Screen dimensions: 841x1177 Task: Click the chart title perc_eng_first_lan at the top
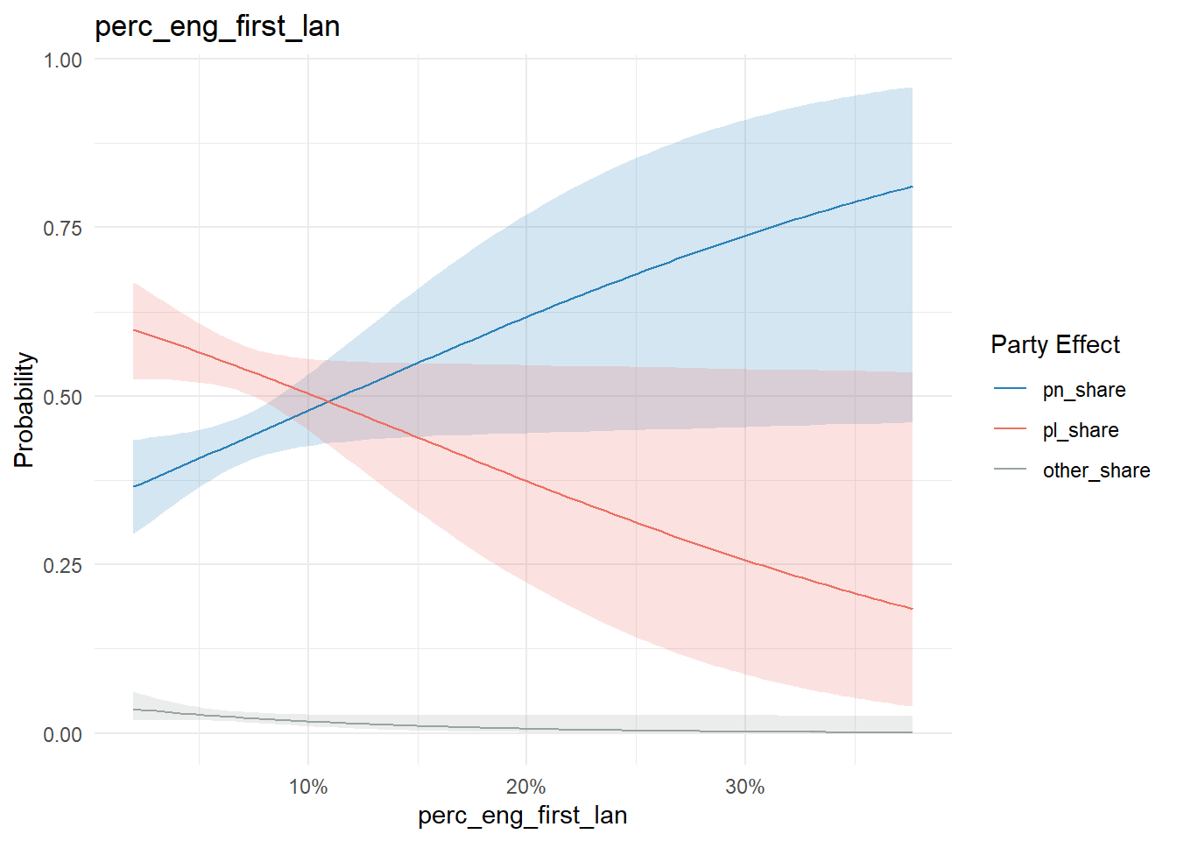point(217,27)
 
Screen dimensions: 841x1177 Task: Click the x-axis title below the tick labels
point(522,816)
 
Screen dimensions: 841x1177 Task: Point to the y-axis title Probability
point(25,410)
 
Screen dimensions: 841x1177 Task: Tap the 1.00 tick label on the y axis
point(62,60)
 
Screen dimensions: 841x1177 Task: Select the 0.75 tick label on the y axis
point(62,229)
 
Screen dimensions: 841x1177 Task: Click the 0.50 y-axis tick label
point(62,398)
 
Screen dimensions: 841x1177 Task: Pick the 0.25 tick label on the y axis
point(62,566)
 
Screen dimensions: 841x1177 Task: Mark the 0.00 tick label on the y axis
point(62,734)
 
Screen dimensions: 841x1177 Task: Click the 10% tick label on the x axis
point(308,787)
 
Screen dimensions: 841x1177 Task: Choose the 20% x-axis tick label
point(526,787)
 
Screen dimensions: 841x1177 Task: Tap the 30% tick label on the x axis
point(745,787)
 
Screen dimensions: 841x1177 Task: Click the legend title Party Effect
point(1055,345)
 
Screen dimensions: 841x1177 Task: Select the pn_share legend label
point(1084,390)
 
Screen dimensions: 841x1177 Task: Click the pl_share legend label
point(1081,430)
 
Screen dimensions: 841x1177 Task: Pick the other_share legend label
point(1096,470)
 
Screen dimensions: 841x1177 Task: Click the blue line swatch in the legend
point(1010,388)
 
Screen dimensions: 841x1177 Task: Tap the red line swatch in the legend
point(1010,428)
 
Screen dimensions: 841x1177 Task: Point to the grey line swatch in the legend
point(1010,469)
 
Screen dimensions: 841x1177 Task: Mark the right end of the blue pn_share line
point(913,187)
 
